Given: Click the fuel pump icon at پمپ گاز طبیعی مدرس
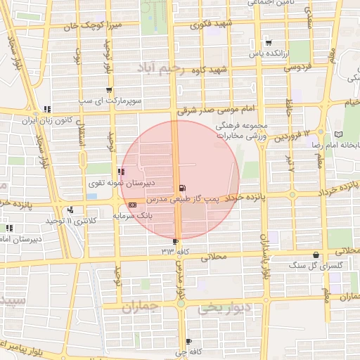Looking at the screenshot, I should (184, 188).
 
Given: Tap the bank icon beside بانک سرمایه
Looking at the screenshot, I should (133, 204).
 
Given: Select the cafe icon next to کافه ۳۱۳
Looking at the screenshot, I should (176, 242).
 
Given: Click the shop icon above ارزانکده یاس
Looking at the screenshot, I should (268, 43).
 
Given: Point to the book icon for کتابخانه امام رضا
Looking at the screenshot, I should (340, 134).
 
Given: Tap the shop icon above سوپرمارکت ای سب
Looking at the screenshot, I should (108, 90).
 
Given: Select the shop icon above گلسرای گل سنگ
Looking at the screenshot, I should (316, 255).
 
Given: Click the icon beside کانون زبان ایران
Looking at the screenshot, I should (46, 109).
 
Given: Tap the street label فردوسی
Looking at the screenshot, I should (297, 67).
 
